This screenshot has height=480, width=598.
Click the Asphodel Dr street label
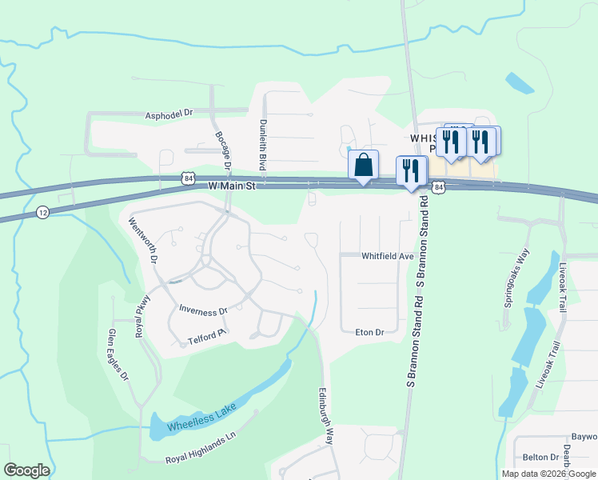point(169,114)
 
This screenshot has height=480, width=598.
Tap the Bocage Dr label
point(222,150)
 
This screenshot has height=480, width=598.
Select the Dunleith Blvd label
point(262,144)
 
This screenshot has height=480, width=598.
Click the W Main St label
point(230,186)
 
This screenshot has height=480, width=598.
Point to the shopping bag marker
point(363,166)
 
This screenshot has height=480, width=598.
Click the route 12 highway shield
point(42,212)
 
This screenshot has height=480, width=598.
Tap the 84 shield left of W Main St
point(186,178)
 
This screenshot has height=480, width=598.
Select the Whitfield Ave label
point(387,257)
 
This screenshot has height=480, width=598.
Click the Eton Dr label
point(369,331)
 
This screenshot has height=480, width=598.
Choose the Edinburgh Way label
point(326,416)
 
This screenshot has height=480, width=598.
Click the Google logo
point(26,470)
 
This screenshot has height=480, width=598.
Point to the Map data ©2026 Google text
point(548,474)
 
